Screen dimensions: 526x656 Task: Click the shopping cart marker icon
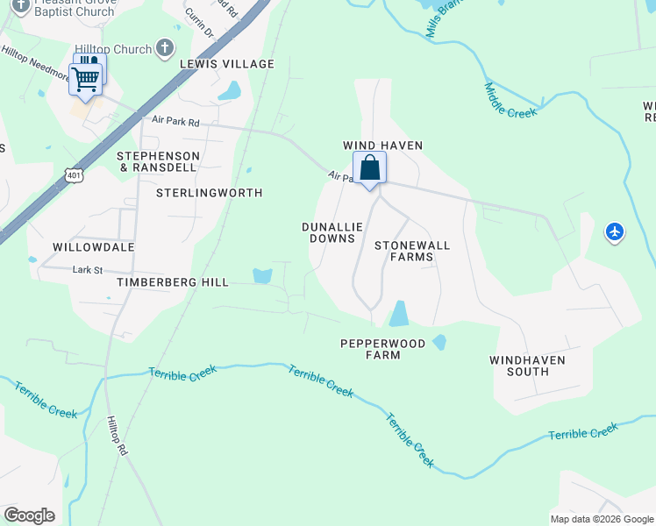[x=86, y=78]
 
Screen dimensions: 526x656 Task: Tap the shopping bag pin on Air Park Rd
[x=370, y=167]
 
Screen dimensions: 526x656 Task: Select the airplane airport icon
[x=615, y=232]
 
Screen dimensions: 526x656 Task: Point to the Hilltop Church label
[x=113, y=49]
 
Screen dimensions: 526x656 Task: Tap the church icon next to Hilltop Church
[x=164, y=48]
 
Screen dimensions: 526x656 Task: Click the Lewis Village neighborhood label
[x=227, y=64]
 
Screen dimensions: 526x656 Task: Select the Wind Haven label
[x=382, y=146]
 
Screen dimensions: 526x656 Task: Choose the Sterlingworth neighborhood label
[x=210, y=192]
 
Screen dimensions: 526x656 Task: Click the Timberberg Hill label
[x=173, y=282]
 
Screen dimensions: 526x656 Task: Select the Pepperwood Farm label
[x=383, y=349]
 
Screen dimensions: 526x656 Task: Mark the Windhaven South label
[x=527, y=366]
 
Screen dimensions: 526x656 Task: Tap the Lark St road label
[x=88, y=270]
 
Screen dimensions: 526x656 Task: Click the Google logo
[x=29, y=515]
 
